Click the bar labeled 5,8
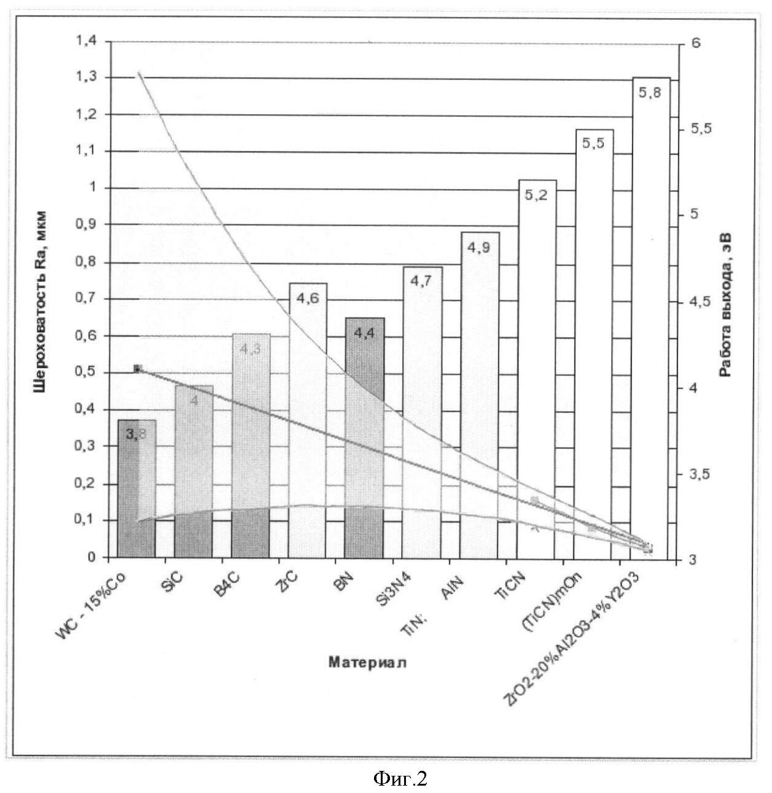point(650,319)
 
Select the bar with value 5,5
point(594,344)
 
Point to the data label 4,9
point(480,248)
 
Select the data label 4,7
point(423,282)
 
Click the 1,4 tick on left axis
point(86,41)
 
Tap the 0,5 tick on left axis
point(86,373)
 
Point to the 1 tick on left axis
point(92,188)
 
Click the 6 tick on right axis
point(695,42)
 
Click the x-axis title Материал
point(367,662)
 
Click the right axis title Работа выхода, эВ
point(727,305)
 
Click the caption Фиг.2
point(400,779)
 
